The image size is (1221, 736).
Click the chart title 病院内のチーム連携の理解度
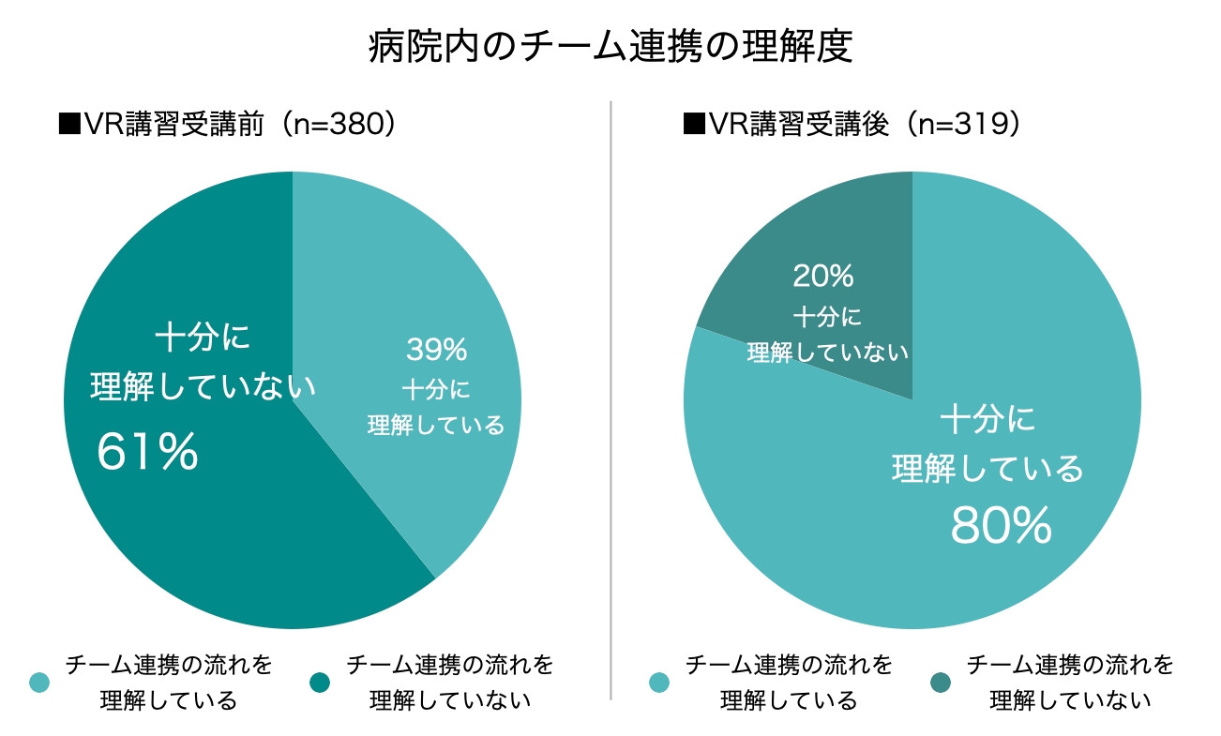(x=610, y=45)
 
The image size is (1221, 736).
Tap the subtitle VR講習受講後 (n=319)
(x=851, y=124)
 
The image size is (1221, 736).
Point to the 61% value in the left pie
(x=148, y=452)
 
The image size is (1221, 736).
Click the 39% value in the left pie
(x=436, y=350)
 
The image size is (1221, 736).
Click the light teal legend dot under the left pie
(x=39, y=683)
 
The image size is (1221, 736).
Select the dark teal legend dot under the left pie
(x=320, y=683)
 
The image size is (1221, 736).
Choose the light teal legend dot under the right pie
(x=659, y=683)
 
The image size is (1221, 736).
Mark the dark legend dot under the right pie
(x=941, y=683)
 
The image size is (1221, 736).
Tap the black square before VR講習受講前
(x=68, y=125)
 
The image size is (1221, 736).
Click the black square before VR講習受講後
(x=694, y=125)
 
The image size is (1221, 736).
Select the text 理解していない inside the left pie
(x=203, y=386)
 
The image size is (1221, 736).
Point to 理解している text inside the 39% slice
(x=436, y=425)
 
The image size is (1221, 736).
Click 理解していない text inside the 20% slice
(x=827, y=353)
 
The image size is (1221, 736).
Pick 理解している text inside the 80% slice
(x=987, y=468)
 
